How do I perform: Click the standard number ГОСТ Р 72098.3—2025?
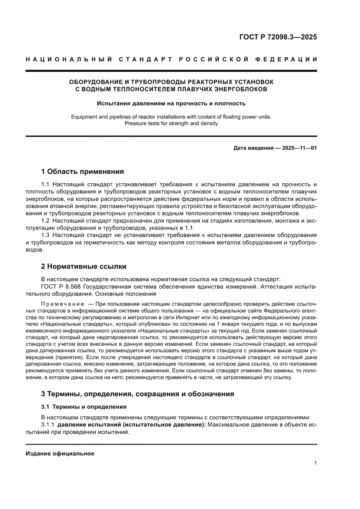click(277, 37)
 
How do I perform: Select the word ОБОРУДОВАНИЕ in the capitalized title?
click(93, 82)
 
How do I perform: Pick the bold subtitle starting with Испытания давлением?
click(171, 104)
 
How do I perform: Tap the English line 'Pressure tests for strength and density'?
click(171, 123)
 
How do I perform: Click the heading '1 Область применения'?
click(82, 171)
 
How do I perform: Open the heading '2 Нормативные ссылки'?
click(84, 266)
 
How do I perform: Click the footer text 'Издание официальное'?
click(60, 453)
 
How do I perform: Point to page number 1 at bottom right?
click(315, 463)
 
